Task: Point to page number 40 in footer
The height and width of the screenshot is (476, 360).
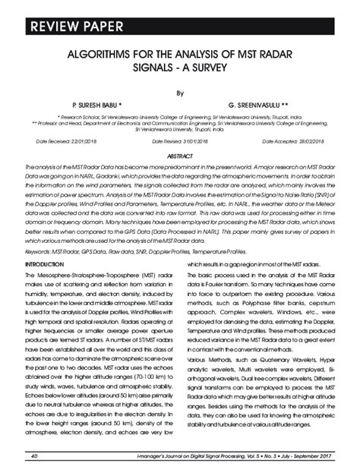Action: tap(34, 456)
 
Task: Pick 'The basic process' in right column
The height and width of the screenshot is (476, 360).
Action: tap(212, 273)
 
